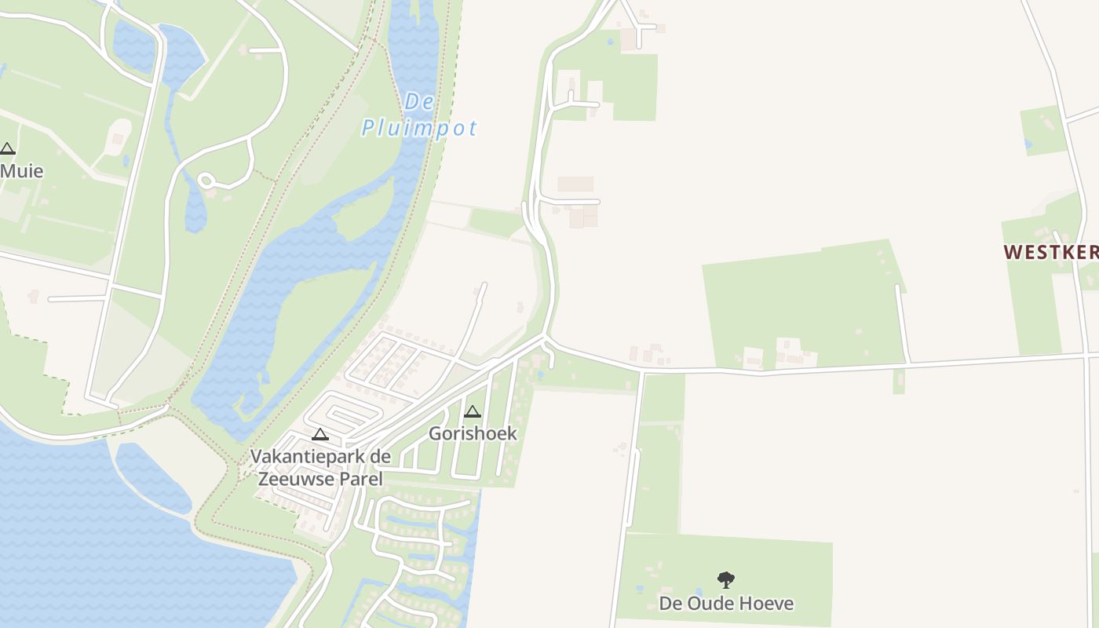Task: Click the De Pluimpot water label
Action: coord(419,115)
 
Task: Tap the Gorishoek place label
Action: coord(473,433)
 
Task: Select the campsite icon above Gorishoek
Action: coord(472,411)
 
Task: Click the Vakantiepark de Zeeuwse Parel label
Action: coord(320,467)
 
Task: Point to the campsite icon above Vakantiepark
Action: coord(320,434)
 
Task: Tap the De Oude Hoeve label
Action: coord(726,603)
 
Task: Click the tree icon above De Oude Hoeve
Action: coord(726,580)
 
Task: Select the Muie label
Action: coord(21,170)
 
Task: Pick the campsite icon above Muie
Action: coord(8,148)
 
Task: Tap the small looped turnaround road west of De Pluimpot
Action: coord(206,181)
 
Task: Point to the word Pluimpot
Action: coord(419,128)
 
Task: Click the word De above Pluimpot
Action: coord(420,102)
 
